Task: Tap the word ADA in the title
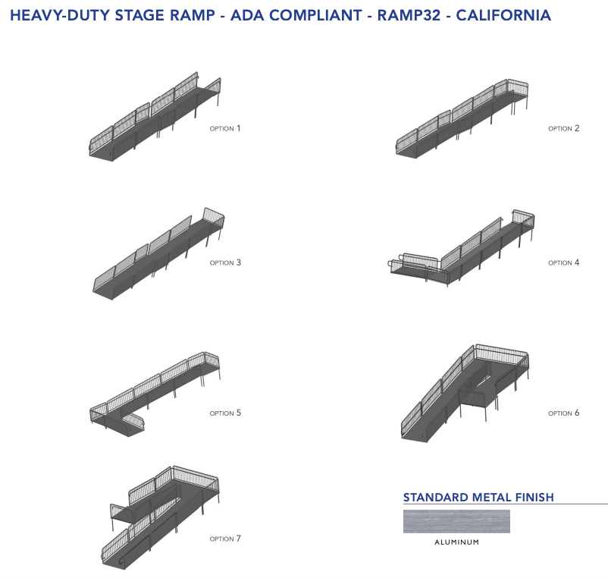227,15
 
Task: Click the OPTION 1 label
225,129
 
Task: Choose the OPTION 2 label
564,129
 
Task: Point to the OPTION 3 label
225,263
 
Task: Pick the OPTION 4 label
564,263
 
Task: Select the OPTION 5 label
225,413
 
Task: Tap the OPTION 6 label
564,413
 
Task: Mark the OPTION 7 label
225,539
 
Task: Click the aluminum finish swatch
456,522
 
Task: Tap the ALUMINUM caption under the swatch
456,542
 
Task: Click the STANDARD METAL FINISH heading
478,498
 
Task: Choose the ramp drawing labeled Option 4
462,250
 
